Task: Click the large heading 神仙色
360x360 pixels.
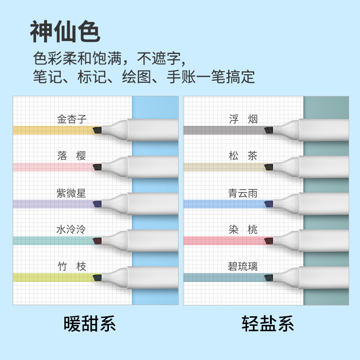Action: click(x=65, y=31)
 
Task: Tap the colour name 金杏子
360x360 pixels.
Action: click(x=72, y=119)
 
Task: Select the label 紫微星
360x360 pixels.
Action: click(x=71, y=193)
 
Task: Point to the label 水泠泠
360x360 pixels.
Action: click(x=71, y=229)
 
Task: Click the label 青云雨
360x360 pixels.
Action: click(x=243, y=193)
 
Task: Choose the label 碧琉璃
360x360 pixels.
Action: click(x=243, y=266)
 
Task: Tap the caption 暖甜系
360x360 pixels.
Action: click(x=90, y=324)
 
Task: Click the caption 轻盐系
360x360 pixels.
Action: click(x=268, y=324)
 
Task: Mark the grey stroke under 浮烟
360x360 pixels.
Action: click(x=224, y=130)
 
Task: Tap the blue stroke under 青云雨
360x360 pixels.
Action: click(x=224, y=204)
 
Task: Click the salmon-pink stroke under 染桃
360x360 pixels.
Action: click(x=224, y=241)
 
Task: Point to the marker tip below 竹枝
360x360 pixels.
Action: click(x=97, y=278)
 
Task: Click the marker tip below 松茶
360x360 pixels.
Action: click(x=268, y=167)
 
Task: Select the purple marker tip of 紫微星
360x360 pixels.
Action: click(x=97, y=204)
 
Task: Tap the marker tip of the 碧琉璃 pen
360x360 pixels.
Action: click(x=268, y=278)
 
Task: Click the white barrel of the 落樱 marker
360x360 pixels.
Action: click(x=153, y=167)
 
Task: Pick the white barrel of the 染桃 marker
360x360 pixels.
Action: click(x=324, y=241)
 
